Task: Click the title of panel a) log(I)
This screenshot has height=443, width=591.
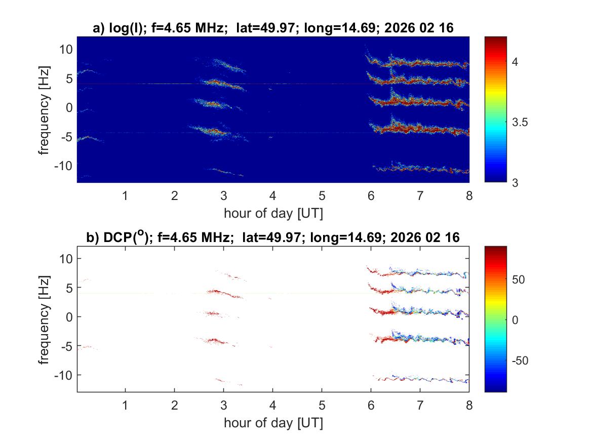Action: [x=273, y=29]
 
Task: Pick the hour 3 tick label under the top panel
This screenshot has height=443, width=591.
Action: [x=224, y=196]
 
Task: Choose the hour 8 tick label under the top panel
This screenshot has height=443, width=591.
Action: [x=469, y=196]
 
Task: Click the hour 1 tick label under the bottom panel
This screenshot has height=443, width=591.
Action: [x=126, y=406]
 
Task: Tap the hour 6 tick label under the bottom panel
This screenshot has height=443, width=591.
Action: [x=371, y=406]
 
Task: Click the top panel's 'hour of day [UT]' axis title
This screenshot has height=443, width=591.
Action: [x=273, y=213]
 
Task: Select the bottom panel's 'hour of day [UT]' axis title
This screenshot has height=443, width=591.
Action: [x=273, y=423]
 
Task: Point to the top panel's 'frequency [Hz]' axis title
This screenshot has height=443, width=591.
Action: [x=45, y=109]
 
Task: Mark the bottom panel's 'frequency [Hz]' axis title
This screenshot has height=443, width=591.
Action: [x=45, y=319]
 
